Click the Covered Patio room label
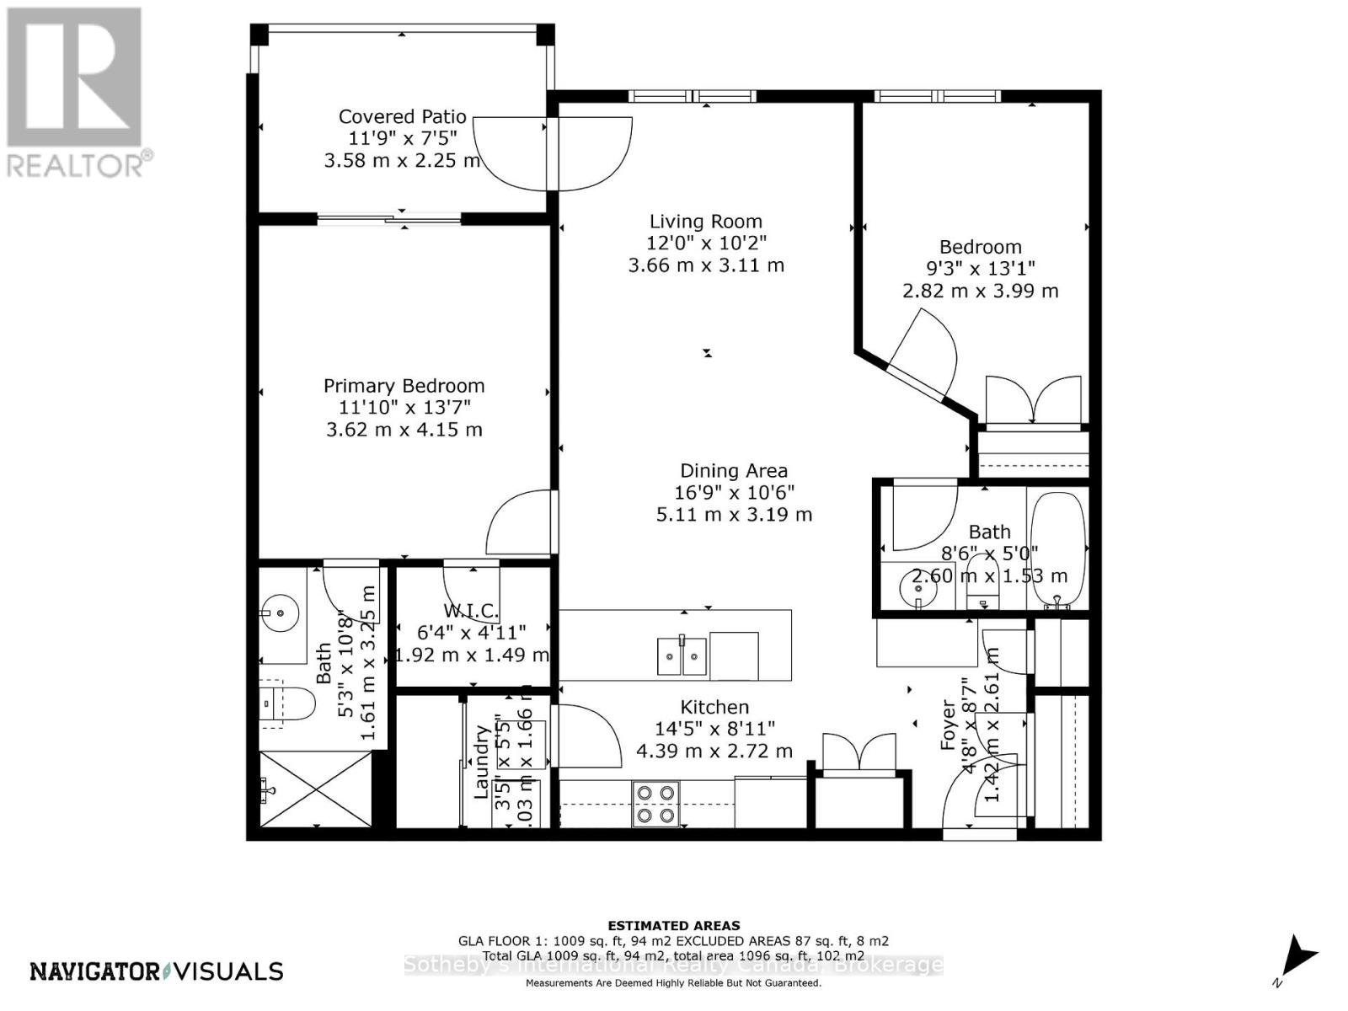(x=402, y=116)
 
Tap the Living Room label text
(x=705, y=222)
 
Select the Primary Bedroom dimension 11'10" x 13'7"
(x=404, y=408)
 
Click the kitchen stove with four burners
(x=655, y=804)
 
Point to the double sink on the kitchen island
(x=682, y=656)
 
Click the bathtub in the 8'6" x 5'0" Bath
(x=1056, y=548)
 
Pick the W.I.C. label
(x=471, y=610)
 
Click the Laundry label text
(x=482, y=762)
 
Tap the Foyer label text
(x=949, y=725)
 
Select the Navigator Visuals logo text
(x=157, y=971)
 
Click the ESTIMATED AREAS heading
(x=673, y=925)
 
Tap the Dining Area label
(x=734, y=471)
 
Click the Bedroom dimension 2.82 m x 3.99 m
(x=980, y=291)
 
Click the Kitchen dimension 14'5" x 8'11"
(x=714, y=729)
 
